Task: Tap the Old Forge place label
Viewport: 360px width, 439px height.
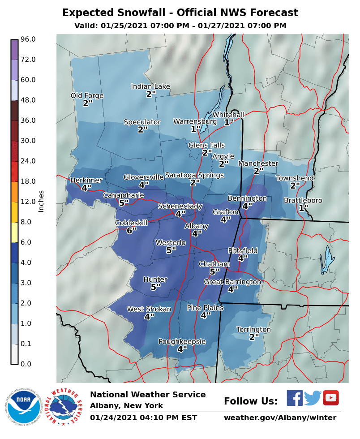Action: [x=87, y=95]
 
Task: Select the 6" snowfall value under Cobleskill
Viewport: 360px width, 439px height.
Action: [x=131, y=231]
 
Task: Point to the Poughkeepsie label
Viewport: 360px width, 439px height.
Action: [x=182, y=342]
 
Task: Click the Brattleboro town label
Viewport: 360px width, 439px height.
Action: [x=303, y=201]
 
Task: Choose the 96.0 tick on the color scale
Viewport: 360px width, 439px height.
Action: [x=28, y=39]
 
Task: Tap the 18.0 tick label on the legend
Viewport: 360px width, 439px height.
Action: [x=28, y=181]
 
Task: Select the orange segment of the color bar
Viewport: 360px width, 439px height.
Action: [x=14, y=191]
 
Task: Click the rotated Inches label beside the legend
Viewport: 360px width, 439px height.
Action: [x=41, y=201]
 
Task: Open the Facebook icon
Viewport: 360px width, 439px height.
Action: [x=295, y=398]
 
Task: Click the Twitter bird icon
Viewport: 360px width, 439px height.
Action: [x=313, y=398]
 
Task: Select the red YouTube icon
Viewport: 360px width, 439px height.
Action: [x=331, y=398]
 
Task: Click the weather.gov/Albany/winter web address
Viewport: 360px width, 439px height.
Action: [x=280, y=418]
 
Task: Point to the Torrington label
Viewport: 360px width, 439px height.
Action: [x=254, y=330]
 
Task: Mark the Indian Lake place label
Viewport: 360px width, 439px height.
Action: [x=150, y=86]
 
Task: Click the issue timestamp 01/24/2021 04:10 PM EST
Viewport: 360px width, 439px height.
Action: [x=143, y=418]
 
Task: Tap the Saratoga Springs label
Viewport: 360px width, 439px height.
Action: [x=194, y=175]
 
